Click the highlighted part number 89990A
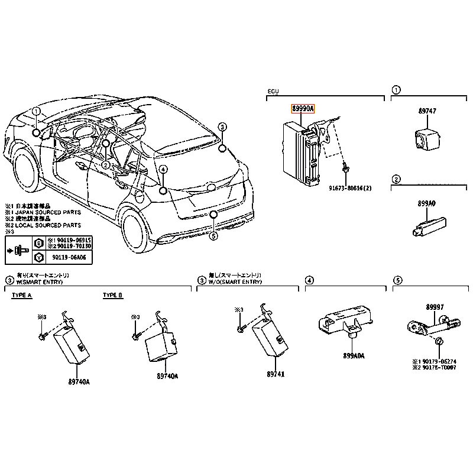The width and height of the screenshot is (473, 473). pyautogui.click(x=303, y=109)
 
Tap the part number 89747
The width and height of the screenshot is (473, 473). pyautogui.click(x=427, y=112)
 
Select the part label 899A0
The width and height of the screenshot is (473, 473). pyautogui.click(x=426, y=203)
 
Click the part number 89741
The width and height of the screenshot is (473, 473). pyautogui.click(x=276, y=374)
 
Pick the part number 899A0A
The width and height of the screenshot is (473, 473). pyautogui.click(x=354, y=356)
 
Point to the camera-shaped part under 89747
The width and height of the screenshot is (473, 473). pyautogui.click(x=426, y=140)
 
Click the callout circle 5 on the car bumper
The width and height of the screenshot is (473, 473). pyautogui.click(x=214, y=236)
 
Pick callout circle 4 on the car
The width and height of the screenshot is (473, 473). pyautogui.click(x=163, y=170)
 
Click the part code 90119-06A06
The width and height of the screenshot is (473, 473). pyautogui.click(x=69, y=257)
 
